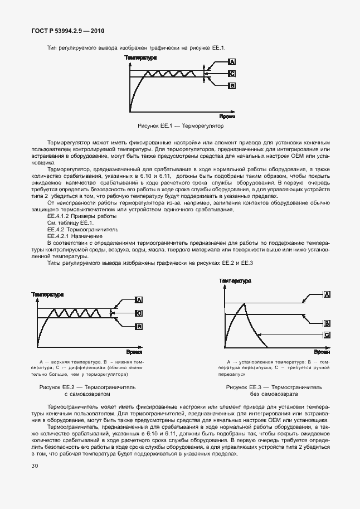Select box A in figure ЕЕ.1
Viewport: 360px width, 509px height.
coord(232,62)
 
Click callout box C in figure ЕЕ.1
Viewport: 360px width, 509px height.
coord(232,73)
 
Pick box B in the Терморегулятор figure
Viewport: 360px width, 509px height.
coord(232,85)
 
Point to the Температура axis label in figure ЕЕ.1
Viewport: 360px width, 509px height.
coord(140,58)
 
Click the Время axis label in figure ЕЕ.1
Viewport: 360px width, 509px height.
coord(226,117)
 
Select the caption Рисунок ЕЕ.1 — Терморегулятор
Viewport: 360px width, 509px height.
coord(180,127)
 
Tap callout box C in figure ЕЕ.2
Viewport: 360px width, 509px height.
coord(139,314)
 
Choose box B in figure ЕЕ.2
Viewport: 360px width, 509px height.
coord(139,327)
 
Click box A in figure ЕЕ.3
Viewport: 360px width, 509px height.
coord(327,294)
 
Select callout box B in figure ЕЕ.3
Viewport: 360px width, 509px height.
coord(327,322)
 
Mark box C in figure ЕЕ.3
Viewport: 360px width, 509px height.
coord(327,335)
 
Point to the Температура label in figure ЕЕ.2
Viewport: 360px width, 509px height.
coord(47,294)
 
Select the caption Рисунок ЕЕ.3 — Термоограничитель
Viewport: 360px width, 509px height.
coord(274,386)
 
